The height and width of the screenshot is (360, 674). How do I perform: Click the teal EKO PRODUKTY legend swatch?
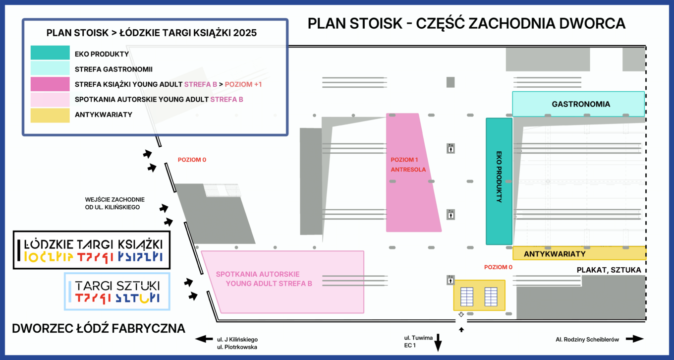[50, 53]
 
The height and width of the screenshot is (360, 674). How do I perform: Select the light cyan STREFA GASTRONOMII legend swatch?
[50, 68]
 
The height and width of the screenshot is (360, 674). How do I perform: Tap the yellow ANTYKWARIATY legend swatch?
[50, 115]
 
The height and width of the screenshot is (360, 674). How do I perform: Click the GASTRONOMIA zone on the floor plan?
[578, 104]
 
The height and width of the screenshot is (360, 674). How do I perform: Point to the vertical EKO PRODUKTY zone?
[499, 181]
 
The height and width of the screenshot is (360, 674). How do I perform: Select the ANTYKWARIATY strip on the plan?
[579, 253]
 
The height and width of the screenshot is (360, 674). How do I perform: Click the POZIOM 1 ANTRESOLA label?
[408, 165]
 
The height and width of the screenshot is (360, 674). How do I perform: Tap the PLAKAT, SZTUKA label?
[609, 270]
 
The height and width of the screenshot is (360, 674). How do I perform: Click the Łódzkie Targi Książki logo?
[92, 250]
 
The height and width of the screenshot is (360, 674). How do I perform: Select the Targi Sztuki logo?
[117, 292]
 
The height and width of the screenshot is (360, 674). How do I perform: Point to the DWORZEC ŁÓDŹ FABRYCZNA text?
[99, 328]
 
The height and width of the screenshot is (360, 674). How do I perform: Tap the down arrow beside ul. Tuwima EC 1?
[438, 343]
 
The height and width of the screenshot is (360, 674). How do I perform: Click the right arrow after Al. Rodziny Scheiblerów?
[635, 339]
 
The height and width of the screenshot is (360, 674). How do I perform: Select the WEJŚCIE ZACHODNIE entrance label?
[112, 203]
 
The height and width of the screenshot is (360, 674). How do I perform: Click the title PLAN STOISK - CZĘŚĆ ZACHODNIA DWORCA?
[466, 23]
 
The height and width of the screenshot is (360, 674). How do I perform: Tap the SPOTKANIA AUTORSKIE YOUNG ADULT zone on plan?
[282, 282]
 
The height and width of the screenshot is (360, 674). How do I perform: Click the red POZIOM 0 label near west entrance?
[192, 160]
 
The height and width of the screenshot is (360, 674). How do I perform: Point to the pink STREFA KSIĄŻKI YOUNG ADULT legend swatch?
[50, 84]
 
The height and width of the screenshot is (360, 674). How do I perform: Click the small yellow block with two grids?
[479, 296]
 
